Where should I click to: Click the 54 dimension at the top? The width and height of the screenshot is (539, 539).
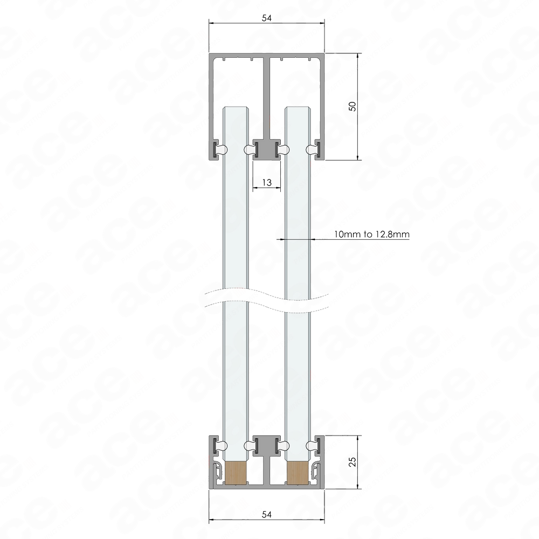pos(267,18)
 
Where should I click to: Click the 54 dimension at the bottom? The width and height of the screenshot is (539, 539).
pos(267,514)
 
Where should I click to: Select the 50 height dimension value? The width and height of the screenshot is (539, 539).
pos(353,107)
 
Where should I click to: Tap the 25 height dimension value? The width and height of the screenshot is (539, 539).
pos(353,462)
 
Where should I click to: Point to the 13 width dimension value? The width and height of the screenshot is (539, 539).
pos(267,182)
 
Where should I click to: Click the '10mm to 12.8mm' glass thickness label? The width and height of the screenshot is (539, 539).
pos(372,234)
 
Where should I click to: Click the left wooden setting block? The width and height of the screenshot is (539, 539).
pos(236,473)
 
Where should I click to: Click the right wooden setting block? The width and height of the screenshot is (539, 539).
pos(298,473)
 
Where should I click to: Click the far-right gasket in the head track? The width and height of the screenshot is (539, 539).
pos(313,149)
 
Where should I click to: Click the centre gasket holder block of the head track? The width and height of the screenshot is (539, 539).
pos(267,149)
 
